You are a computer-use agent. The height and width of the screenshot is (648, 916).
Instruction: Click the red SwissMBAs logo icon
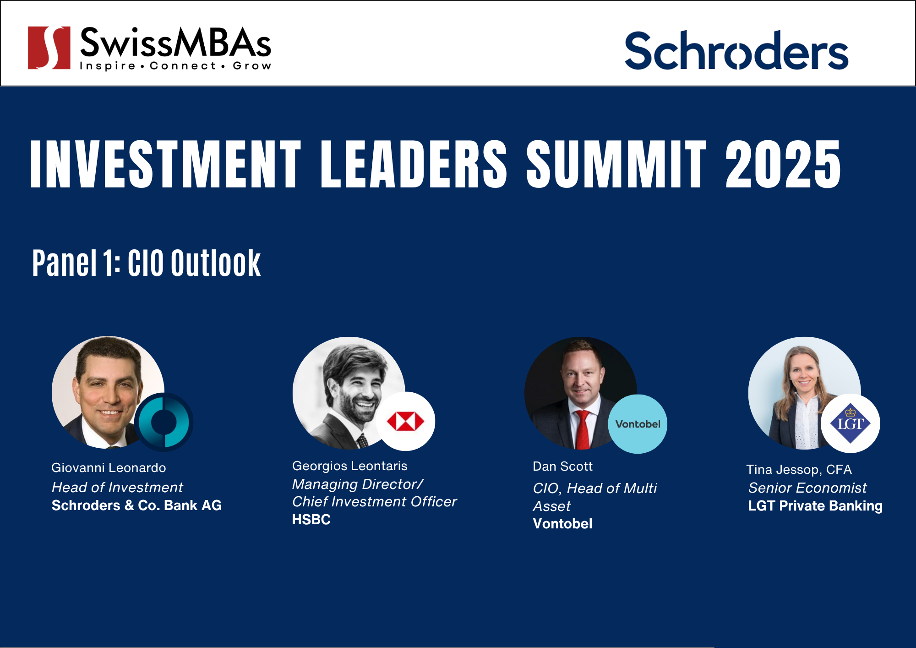tap(49, 48)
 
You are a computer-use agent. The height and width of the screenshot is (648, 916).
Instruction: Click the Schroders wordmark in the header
tap(736, 50)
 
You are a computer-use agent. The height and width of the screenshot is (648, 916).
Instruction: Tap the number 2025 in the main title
tap(783, 164)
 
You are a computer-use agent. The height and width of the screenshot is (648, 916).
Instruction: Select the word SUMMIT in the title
tap(616, 164)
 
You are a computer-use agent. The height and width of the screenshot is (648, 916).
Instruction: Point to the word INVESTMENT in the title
tap(166, 164)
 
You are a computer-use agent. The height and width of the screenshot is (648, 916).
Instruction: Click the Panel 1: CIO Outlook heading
tap(147, 263)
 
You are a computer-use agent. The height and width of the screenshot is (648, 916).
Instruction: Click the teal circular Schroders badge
tap(164, 422)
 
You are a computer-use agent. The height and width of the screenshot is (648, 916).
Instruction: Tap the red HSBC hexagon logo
tap(405, 422)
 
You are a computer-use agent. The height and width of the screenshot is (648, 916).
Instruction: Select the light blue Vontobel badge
tap(638, 424)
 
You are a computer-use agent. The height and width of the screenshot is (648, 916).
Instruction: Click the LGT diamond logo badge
tap(851, 423)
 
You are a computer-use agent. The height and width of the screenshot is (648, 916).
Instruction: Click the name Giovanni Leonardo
tap(109, 467)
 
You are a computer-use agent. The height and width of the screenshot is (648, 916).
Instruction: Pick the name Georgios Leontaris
tap(349, 466)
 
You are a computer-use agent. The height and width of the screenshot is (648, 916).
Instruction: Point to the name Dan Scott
tap(562, 466)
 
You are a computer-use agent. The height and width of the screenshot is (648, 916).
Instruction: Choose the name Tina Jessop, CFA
tap(799, 470)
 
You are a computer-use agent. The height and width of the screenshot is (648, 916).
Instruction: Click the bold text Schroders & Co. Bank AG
tap(136, 505)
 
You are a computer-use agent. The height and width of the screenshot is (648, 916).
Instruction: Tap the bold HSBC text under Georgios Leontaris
tap(311, 519)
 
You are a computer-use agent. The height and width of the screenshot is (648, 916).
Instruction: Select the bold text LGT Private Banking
tap(815, 505)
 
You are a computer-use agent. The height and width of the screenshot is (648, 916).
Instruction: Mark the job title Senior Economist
tap(807, 488)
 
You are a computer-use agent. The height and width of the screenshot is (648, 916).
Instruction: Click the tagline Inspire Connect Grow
tap(175, 66)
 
